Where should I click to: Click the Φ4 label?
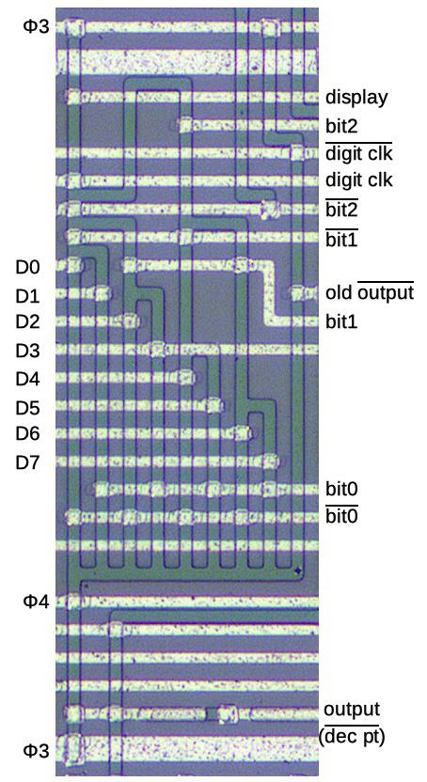point(37,602)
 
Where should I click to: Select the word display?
point(356,97)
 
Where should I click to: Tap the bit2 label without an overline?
point(341,126)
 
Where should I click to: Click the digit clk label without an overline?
point(358,180)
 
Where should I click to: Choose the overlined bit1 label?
point(341,239)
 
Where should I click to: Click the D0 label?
point(27,267)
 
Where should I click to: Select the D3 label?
point(27,351)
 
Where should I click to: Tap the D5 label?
point(27,408)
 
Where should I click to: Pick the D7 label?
point(27,462)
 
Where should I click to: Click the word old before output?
point(340,292)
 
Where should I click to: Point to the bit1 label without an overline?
point(341,321)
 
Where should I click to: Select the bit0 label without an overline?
point(341,489)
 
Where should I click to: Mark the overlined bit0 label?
point(341,515)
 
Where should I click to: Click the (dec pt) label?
point(352,736)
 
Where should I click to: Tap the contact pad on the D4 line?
point(186,377)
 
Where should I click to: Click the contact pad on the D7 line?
point(271,461)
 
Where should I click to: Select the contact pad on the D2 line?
point(131,321)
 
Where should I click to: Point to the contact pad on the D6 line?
point(243,432)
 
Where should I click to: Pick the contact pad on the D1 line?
point(103,292)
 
